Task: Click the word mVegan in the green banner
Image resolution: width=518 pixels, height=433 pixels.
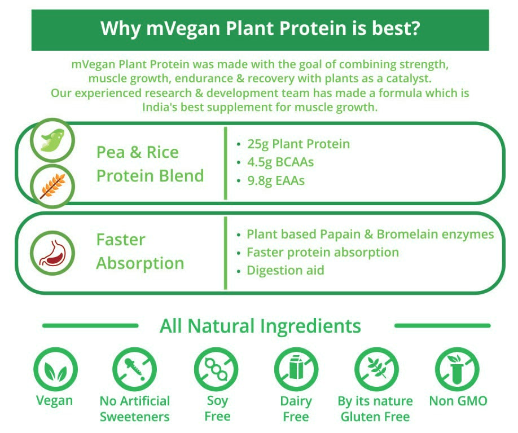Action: pyautogui.click(x=183, y=29)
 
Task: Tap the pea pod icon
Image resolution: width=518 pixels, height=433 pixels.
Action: pyautogui.click(x=52, y=140)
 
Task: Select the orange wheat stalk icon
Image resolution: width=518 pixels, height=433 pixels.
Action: pyautogui.click(x=52, y=187)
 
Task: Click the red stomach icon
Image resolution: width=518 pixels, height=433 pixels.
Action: pyautogui.click(x=52, y=253)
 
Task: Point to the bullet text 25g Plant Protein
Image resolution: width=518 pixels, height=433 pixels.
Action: pyautogui.click(x=298, y=144)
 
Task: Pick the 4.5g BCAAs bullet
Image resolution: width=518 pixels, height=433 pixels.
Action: pyautogui.click(x=280, y=162)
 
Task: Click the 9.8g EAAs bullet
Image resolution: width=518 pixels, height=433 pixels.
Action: pyautogui.click(x=276, y=181)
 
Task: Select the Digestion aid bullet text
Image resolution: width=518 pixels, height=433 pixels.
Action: pyautogui.click(x=286, y=270)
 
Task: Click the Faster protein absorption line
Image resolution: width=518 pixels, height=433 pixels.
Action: pyautogui.click(x=323, y=253)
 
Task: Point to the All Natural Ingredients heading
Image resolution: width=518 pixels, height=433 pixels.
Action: pyautogui.click(x=260, y=326)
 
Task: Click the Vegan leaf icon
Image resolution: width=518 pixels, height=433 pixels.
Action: pyautogui.click(x=55, y=369)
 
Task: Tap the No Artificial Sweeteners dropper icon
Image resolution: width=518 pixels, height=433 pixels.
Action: pyautogui.click(x=134, y=369)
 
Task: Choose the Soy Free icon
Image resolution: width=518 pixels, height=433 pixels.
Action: pyautogui.click(x=216, y=369)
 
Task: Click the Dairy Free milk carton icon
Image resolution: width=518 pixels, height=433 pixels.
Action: pyautogui.click(x=296, y=369)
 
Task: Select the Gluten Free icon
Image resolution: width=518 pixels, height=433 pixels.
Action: pyautogui.click(x=376, y=369)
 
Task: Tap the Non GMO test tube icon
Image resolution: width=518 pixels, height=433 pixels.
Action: pyautogui.click(x=457, y=369)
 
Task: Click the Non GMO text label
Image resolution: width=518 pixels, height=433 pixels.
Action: pyautogui.click(x=458, y=401)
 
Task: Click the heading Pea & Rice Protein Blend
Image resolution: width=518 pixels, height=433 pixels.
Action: pyautogui.click(x=150, y=164)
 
